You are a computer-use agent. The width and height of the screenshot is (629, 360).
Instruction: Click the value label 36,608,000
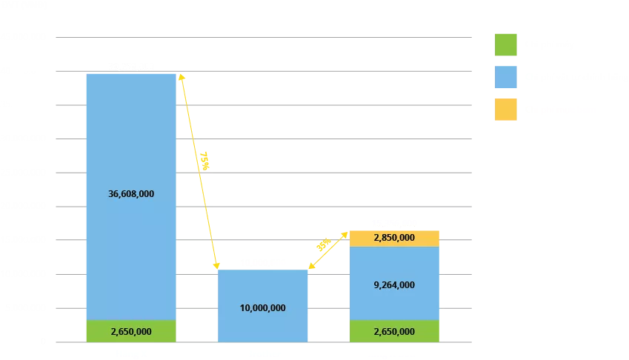[132, 194]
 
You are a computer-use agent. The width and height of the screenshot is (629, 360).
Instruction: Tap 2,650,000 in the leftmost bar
[132, 331]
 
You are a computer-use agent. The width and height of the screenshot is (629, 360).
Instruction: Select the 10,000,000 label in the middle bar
[263, 308]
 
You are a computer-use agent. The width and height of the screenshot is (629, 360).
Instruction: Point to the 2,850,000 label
[394, 238]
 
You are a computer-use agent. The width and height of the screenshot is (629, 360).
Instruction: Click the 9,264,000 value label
[394, 284]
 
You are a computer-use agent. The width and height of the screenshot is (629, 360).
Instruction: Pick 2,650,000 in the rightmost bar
[394, 331]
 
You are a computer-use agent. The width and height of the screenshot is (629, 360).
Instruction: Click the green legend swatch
[505, 44]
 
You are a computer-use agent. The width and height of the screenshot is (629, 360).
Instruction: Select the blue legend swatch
[505, 77]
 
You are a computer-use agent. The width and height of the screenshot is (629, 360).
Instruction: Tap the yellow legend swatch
[505, 110]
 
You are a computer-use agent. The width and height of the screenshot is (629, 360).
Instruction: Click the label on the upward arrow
[323, 244]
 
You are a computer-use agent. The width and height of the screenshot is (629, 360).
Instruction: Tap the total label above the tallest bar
[130, 65]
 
